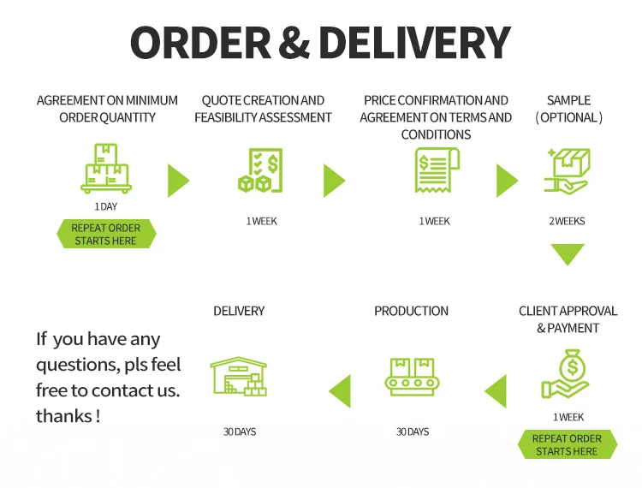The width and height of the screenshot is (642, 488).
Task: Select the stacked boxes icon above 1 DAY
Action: click(105, 168)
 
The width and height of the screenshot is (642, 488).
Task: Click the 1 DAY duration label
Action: click(106, 207)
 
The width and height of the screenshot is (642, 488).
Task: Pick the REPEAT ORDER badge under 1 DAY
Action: click(106, 235)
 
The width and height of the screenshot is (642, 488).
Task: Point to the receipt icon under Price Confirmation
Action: click(435, 170)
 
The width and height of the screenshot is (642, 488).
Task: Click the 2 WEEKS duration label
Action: click(567, 221)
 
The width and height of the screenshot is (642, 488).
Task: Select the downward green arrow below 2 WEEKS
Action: click(567, 253)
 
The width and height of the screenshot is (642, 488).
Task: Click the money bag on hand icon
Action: click(566, 373)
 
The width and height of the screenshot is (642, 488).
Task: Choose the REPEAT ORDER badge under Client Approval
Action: click(567, 444)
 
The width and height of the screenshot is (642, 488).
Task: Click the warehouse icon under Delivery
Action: click(238, 376)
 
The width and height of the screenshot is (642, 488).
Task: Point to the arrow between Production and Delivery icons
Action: click(341, 390)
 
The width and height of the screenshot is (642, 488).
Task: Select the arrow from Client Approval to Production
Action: click(496, 391)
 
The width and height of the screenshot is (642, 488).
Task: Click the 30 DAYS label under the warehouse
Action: click(240, 431)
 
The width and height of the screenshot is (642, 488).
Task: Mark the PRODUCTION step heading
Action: click(411, 311)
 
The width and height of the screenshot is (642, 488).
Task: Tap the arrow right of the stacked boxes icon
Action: click(177, 181)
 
